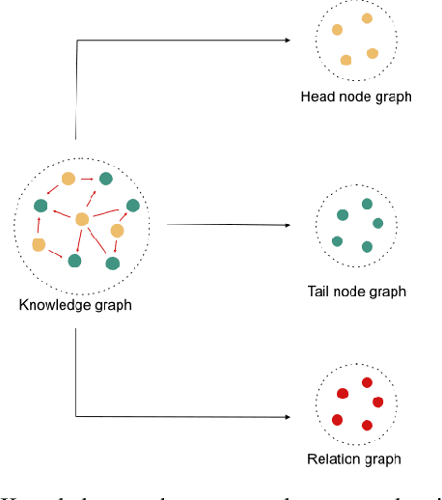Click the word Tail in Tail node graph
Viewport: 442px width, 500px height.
click(x=320, y=292)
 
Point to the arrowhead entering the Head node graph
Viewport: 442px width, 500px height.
click(x=287, y=40)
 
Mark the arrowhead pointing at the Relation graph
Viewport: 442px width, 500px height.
click(x=287, y=417)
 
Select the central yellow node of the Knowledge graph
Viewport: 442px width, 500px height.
click(x=83, y=219)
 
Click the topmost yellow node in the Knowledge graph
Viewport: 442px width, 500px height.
click(x=68, y=179)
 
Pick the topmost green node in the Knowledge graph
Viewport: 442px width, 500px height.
click(x=105, y=178)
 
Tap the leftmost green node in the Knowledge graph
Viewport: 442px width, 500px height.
click(x=41, y=206)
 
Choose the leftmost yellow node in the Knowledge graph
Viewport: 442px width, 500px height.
click(x=39, y=244)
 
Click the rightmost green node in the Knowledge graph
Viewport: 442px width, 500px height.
click(x=132, y=205)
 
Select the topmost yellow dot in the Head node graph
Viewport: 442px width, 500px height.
click(x=367, y=18)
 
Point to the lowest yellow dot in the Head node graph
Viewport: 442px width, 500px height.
click(x=345, y=60)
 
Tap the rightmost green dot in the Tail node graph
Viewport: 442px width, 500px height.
click(x=377, y=223)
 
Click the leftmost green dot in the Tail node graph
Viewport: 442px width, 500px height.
click(x=337, y=240)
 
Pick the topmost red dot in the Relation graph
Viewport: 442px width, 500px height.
click(x=367, y=382)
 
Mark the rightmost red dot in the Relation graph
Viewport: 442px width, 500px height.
click(x=377, y=402)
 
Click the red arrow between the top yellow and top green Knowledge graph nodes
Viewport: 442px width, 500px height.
click(x=87, y=179)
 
